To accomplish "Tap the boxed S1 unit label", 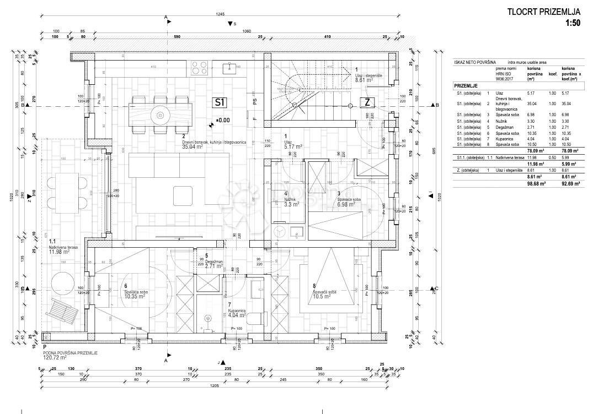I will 220,102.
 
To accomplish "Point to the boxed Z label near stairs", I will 366,102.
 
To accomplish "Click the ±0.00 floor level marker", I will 223,120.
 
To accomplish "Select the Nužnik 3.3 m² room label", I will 291,199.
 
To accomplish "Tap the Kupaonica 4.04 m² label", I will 238,313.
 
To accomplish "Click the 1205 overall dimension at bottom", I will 215,386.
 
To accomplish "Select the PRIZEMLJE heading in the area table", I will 466,86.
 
